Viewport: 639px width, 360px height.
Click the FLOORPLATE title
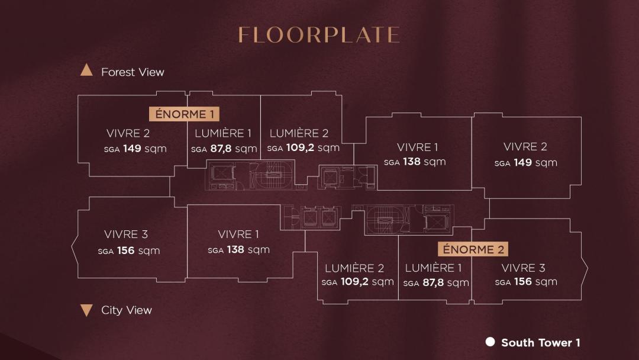coord(319,35)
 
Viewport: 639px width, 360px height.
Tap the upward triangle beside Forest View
coord(86,70)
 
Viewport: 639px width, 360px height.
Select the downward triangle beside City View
coord(86,310)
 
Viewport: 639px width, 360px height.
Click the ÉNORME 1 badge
coord(184,114)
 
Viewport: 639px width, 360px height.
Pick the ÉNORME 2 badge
coord(473,249)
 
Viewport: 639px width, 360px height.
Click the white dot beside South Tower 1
coord(490,342)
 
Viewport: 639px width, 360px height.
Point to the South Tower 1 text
coord(541,343)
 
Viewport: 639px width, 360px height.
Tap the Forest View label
coord(133,72)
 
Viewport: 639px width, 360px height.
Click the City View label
coord(127,310)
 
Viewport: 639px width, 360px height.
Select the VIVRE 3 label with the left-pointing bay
coord(126,234)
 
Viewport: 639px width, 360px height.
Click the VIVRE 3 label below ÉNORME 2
coord(523,268)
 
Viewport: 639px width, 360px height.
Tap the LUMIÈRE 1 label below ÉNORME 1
coord(223,133)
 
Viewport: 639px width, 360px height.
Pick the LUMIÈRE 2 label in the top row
coord(299,133)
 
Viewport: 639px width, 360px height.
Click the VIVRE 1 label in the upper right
coord(417,147)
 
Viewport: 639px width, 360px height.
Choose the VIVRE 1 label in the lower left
coord(238,234)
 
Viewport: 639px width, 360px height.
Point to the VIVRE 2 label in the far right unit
coord(525,147)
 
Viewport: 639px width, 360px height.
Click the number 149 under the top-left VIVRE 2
coord(132,149)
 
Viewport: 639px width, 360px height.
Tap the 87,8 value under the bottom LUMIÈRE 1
coord(433,282)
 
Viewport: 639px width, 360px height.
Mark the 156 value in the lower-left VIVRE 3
coord(126,250)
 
